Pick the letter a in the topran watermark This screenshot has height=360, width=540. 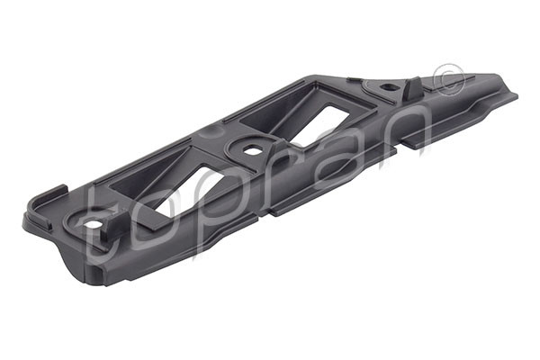tap(337, 144)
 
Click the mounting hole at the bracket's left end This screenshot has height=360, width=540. tap(93, 221)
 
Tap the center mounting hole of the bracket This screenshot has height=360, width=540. tap(251, 149)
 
